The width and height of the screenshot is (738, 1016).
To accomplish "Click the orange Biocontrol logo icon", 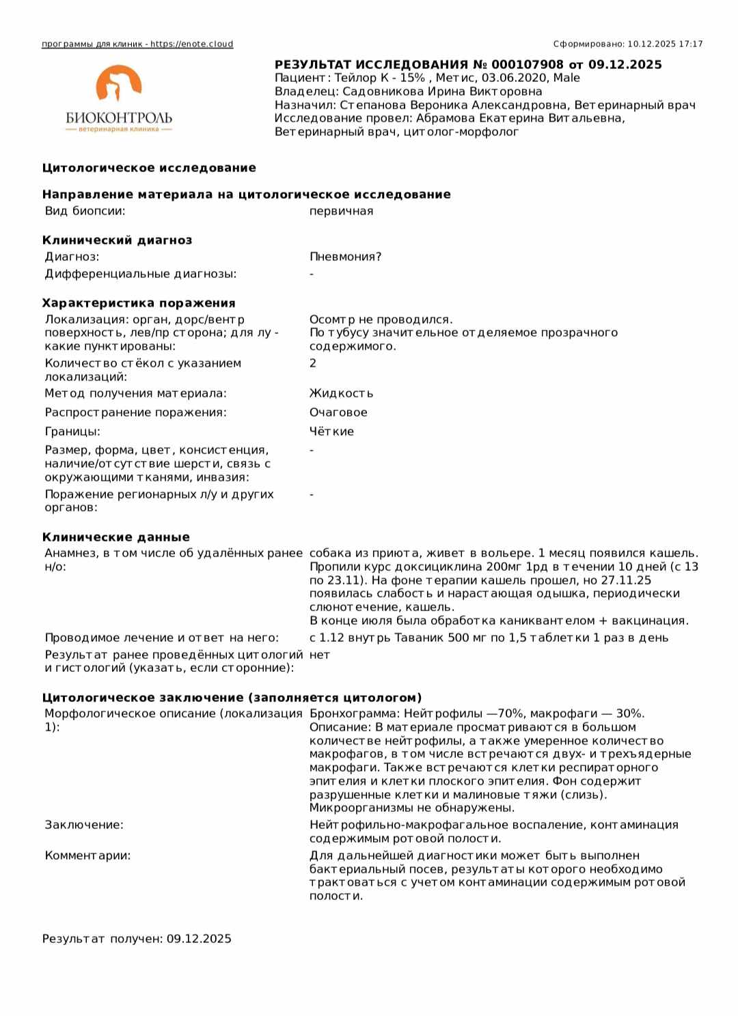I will (x=118, y=85).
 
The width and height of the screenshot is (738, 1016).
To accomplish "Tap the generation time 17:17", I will (x=691, y=44).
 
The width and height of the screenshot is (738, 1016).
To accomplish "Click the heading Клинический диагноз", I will (x=117, y=240).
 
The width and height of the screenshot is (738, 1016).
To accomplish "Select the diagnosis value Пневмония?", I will (x=345, y=257).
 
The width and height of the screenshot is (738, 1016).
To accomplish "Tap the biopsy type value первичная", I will (x=341, y=211).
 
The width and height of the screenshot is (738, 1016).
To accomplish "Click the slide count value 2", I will (x=313, y=363).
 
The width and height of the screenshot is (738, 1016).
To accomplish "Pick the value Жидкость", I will (x=341, y=393).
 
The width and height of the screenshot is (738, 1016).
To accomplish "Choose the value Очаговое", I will (x=338, y=412).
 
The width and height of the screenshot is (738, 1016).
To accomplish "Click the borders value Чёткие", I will (x=331, y=432).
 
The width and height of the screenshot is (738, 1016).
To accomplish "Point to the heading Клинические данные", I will (x=115, y=537).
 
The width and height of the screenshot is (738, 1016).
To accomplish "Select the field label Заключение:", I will (x=84, y=825).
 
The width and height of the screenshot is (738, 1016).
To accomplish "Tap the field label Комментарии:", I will (x=87, y=856).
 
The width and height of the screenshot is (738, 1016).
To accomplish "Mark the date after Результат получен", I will (x=199, y=939).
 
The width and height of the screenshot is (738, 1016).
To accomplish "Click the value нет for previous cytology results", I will (x=319, y=655).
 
